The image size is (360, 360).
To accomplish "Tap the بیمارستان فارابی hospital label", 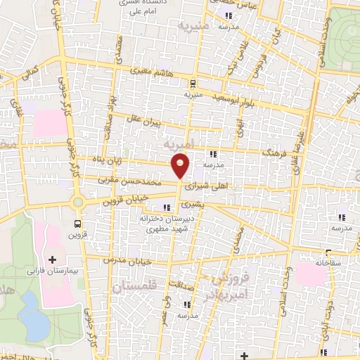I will coord(53,270).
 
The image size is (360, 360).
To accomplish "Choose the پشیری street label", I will coord(191,205).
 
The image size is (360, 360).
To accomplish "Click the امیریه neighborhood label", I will coord(176,144).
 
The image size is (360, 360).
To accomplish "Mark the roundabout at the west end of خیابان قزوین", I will coord(77,202).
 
